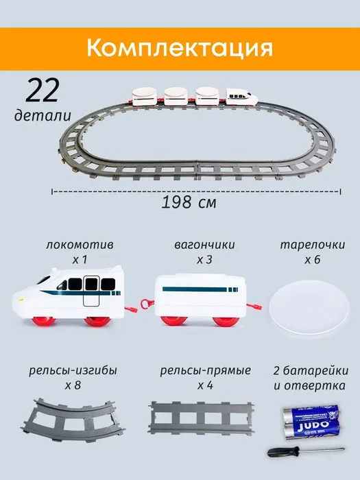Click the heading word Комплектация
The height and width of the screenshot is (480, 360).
pyautogui.click(x=180, y=48)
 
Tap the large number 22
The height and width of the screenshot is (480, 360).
pyautogui.click(x=42, y=91)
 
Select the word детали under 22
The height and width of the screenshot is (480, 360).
pyautogui.click(x=43, y=115)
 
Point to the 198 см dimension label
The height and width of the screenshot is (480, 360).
pyautogui.click(x=189, y=202)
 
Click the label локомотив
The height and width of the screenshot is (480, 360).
pyautogui.click(x=80, y=245)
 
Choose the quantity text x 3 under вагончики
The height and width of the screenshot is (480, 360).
pyautogui.click(x=204, y=260)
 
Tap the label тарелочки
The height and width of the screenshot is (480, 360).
pyautogui.click(x=313, y=245)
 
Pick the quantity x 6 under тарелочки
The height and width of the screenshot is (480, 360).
pyautogui.click(x=313, y=260)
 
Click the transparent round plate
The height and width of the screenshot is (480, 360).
pyautogui.click(x=309, y=308)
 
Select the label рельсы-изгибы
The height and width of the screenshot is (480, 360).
pyautogui.click(x=73, y=371)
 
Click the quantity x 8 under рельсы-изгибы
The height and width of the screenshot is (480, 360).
pyautogui.click(x=73, y=385)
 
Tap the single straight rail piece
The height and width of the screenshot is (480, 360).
pyautogui.click(x=201, y=418)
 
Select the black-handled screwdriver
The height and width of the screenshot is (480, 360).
pyautogui.click(x=306, y=451)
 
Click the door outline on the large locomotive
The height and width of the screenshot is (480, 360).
pyautogui.click(x=91, y=291)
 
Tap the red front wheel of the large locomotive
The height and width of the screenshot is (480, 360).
pyautogui.click(x=44, y=321)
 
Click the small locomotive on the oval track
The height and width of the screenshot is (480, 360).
pyautogui.click(x=242, y=97)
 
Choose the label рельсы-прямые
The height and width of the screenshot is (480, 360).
pyautogui.click(x=206, y=371)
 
